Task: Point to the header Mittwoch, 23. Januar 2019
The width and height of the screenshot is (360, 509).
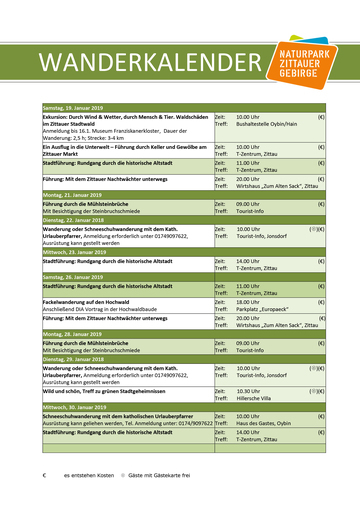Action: click(x=80, y=252)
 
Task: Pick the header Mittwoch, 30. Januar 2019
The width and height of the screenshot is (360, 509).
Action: click(x=80, y=409)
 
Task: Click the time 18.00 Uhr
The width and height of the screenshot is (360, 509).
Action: click(x=250, y=301)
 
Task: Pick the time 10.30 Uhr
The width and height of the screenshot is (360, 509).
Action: click(x=250, y=391)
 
